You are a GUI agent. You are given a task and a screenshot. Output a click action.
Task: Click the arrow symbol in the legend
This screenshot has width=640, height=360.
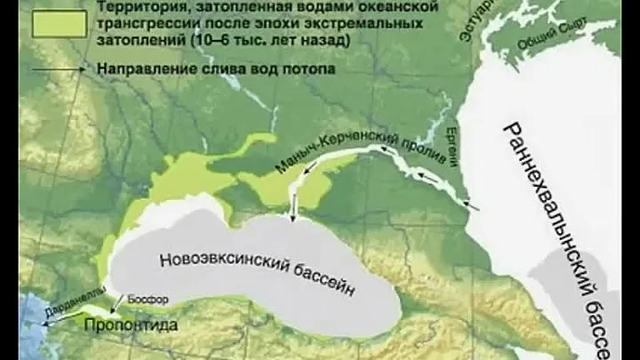click(59, 68)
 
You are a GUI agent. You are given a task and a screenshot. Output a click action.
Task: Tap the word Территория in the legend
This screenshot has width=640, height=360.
click(137, 8)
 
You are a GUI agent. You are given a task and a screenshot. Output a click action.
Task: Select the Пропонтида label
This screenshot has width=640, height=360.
click(131, 325)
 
